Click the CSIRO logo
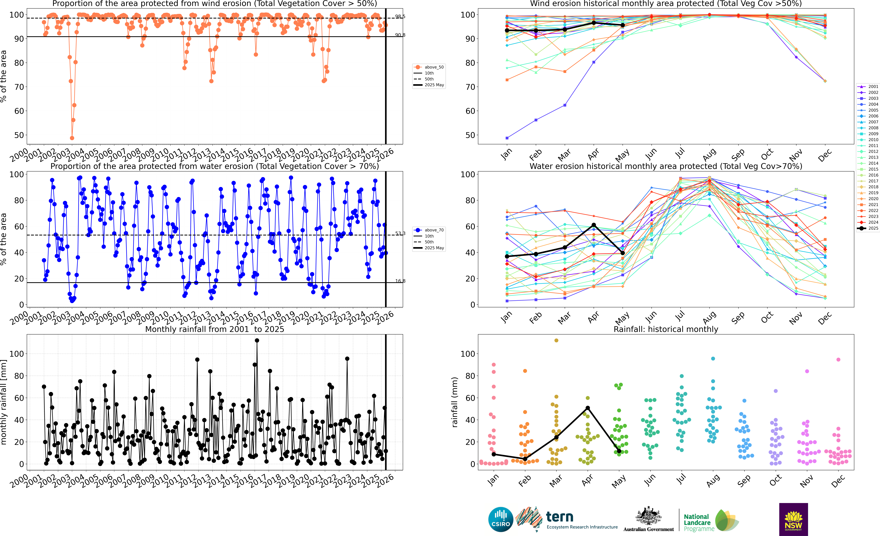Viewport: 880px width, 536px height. (x=501, y=519)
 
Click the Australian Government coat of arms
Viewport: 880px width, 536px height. (x=648, y=516)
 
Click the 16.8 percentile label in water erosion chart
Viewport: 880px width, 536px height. (x=400, y=281)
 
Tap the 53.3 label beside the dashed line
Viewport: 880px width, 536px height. (x=400, y=233)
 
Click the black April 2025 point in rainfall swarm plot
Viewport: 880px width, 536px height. (x=588, y=408)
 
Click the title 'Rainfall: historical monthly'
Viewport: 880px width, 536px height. (x=666, y=329)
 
